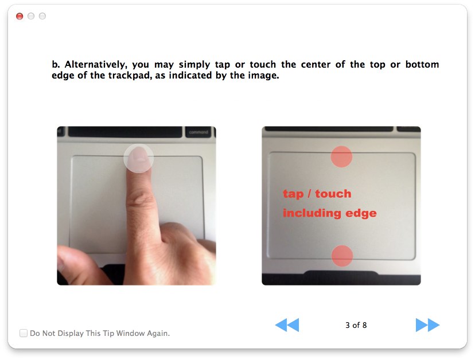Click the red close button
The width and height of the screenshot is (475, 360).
pos(20,16)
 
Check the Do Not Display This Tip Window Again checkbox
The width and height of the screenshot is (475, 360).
pos(24,333)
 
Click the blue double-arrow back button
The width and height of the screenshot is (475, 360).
pos(287,325)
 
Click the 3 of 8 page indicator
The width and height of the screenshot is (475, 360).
pos(356,325)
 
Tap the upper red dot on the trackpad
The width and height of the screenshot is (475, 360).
pos(341,156)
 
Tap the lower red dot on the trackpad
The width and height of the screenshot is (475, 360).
pos(342,256)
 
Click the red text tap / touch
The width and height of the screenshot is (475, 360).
pos(317,194)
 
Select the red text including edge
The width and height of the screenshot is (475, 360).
pos(330,213)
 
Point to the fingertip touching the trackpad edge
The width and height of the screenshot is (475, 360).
pos(139,157)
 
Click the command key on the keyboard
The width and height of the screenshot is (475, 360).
pos(198,132)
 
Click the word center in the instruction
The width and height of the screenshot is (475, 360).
pos(316,65)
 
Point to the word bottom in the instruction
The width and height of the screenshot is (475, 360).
pos(422,65)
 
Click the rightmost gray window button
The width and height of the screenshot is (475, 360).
pos(42,16)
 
